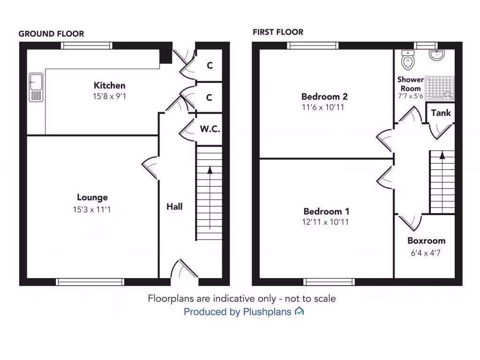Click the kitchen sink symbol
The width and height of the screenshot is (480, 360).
coord(36,87)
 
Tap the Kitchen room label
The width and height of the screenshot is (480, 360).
coord(110,85)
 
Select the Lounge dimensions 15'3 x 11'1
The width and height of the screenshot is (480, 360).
coord(92,210)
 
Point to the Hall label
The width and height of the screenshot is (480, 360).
coord(174,206)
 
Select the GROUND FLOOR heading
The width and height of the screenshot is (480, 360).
coord(51,34)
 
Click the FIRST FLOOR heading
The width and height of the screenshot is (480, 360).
coord(278,32)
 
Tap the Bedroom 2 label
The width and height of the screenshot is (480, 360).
coord(324,97)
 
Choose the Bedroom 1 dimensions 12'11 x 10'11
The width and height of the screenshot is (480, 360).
coord(326,222)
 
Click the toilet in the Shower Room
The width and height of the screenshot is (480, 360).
coord(408,60)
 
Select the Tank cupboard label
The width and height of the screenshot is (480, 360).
coord(441,113)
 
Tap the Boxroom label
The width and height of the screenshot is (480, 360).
coord(426,240)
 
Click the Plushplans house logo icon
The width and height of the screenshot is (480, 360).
coord(299,311)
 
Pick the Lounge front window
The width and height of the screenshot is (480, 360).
coord(90,282)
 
